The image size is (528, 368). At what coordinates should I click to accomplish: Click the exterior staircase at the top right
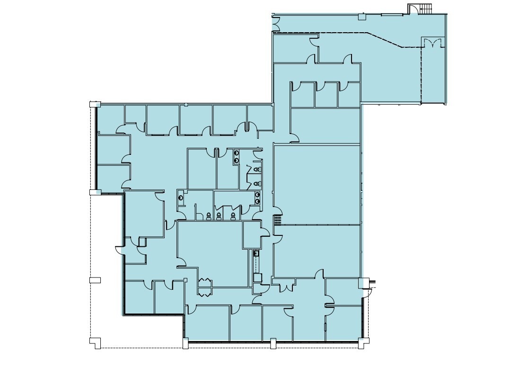coord(425,8)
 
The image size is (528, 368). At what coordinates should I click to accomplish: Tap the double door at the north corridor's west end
coord(276,21)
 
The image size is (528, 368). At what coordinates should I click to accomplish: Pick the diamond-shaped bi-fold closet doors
coord(205,287)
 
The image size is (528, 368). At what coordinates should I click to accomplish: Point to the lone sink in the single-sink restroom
coord(180,196)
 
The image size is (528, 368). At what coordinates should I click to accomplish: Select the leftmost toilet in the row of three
coord(208,216)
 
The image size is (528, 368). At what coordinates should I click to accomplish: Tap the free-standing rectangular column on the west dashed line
coord(95,280)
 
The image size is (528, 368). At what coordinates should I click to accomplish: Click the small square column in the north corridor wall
coord(362,17)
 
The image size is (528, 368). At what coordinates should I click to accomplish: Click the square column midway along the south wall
coord(273,342)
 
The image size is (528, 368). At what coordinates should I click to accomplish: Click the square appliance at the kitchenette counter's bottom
coord(258,277)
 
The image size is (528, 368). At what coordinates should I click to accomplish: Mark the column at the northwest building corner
coord(95,104)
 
